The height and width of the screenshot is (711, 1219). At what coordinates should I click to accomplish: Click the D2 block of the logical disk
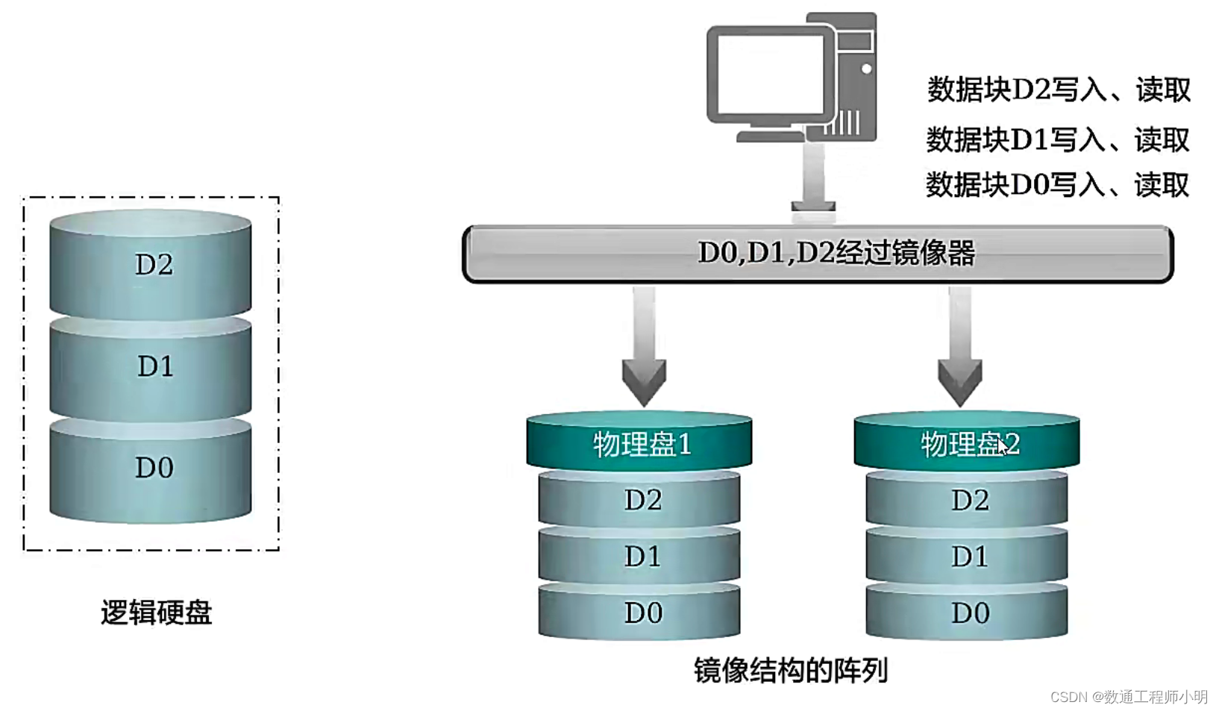[151, 265]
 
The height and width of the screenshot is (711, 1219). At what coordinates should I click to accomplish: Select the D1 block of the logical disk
[151, 366]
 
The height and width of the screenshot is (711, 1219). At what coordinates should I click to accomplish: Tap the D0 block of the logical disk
[151, 468]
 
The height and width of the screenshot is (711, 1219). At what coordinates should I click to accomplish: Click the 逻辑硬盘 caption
[157, 613]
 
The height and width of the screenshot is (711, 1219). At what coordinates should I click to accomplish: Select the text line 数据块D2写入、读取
[1058, 90]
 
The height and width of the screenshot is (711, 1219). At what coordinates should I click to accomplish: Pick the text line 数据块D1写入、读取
[1057, 140]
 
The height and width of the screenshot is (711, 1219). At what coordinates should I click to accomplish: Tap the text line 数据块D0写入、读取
[1057, 184]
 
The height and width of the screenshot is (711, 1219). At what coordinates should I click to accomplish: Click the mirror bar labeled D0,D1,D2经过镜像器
[818, 254]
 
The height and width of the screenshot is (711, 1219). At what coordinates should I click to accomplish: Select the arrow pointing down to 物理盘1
[644, 351]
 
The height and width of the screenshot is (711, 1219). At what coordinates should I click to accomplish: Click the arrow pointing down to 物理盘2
[959, 351]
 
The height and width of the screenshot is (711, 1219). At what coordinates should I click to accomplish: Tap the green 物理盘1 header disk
[639, 443]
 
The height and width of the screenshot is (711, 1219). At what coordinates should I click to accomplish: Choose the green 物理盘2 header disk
[967, 443]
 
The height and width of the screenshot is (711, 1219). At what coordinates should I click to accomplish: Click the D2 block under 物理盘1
[640, 500]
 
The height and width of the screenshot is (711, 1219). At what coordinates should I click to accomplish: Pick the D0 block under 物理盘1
[640, 613]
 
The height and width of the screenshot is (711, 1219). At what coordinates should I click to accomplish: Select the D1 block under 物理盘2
[967, 557]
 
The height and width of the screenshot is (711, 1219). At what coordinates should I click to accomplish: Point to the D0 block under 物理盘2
[967, 613]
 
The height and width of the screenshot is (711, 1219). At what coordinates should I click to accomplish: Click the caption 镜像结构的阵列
[791, 670]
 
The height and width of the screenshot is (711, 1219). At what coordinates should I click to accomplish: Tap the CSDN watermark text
[1128, 696]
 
